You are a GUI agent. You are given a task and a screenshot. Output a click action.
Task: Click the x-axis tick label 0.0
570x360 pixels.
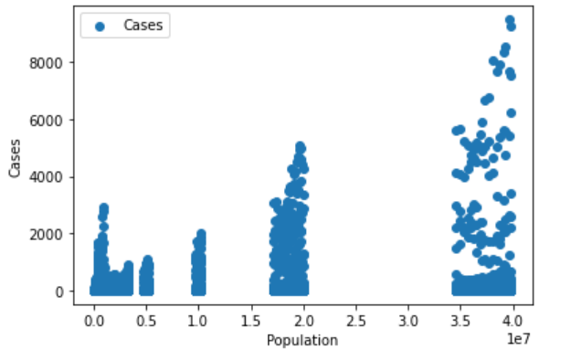[93, 323]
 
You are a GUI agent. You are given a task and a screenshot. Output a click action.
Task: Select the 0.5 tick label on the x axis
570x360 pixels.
[145, 323]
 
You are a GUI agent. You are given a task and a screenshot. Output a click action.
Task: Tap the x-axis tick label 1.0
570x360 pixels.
[198, 323]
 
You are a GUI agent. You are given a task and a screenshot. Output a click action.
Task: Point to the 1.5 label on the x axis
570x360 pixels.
[250, 323]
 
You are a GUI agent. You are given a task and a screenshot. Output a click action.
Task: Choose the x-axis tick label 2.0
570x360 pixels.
[303, 323]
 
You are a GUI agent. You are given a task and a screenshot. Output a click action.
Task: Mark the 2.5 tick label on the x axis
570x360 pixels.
[355, 323]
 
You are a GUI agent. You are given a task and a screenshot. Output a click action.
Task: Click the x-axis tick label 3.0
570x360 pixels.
[408, 323]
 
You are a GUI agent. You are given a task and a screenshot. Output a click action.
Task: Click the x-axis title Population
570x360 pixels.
[301, 341]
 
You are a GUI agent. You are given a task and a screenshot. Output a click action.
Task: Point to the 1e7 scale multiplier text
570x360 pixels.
[520, 340]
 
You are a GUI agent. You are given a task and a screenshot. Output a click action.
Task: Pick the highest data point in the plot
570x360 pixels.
[510, 20]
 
